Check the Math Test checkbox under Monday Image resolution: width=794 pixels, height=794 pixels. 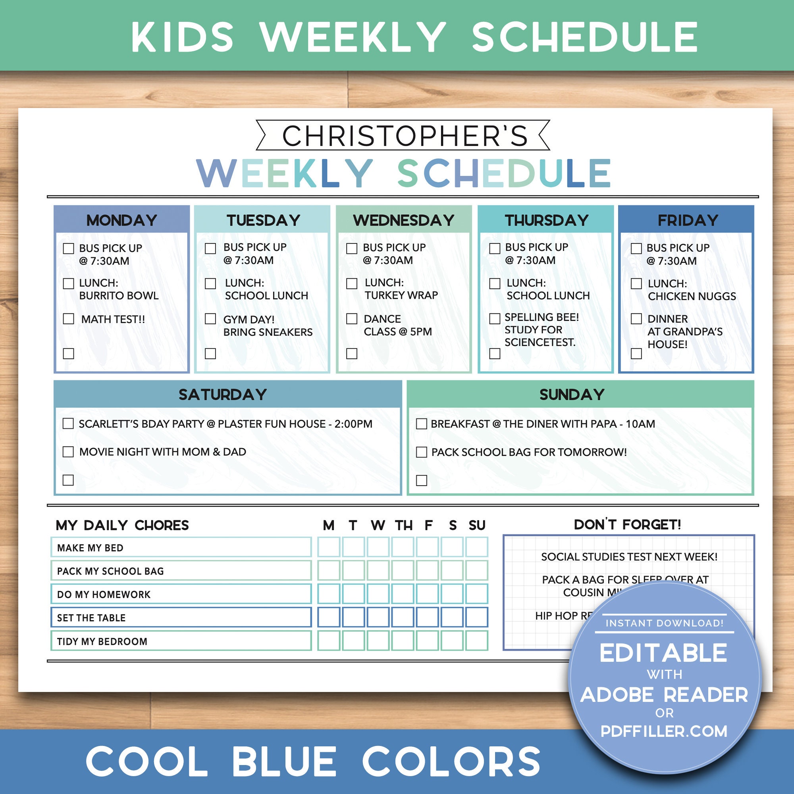69,319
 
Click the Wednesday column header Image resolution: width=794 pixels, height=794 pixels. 403,220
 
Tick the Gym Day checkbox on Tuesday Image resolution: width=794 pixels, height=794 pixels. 210,319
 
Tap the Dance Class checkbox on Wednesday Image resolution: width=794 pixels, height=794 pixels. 352,319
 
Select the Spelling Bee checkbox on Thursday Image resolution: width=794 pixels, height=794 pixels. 495,319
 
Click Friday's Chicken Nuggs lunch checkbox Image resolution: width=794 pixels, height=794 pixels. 636,283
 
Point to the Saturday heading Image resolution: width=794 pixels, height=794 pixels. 223,395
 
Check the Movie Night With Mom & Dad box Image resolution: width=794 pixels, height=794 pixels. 68,452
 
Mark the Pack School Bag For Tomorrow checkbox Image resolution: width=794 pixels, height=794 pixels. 422,452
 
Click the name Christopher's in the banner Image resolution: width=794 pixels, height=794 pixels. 405,136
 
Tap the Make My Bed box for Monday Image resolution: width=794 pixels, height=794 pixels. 329,547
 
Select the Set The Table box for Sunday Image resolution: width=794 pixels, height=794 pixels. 477,617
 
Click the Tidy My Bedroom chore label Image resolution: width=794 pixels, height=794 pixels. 102,642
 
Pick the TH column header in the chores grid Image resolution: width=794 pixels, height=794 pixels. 404,525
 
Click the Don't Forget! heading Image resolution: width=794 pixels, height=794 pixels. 628,525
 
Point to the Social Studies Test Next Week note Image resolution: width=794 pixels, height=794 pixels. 629,557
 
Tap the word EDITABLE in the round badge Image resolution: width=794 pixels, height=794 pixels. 663,653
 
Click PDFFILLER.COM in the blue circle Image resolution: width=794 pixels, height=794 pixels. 664,731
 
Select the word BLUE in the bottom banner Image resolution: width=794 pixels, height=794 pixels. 284,761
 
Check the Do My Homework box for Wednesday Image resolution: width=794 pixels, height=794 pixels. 378,594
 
